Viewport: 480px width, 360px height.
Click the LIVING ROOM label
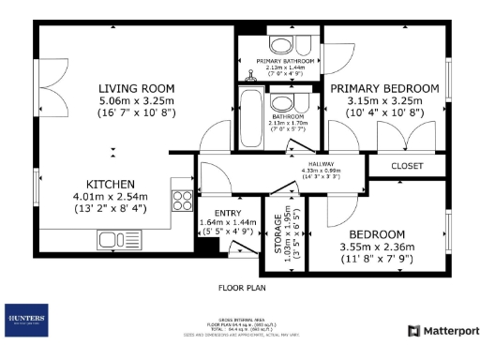(137, 89)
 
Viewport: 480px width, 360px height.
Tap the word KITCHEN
(112, 184)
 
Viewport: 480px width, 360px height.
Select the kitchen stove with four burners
(182, 201)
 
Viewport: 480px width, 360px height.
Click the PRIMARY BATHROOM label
(279, 60)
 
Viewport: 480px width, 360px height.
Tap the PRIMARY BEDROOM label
(383, 88)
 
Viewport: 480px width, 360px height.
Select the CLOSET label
(407, 166)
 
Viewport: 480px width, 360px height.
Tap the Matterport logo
(442, 331)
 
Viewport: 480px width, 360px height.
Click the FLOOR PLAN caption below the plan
(240, 287)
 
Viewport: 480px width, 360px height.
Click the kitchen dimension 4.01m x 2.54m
(112, 197)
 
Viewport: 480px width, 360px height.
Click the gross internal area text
(240, 319)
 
